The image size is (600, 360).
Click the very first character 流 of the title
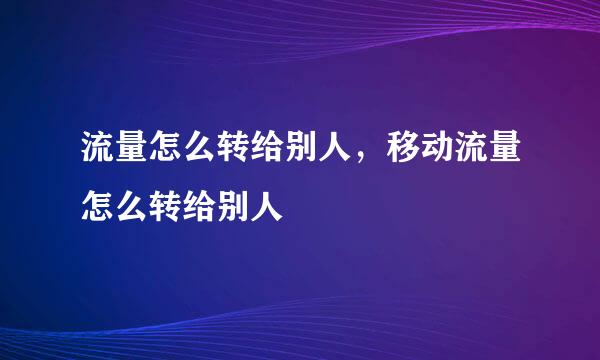pyautogui.click(x=98, y=151)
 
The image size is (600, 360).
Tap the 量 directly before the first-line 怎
pyautogui.click(x=132, y=151)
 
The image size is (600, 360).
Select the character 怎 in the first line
pyautogui.click(x=166, y=151)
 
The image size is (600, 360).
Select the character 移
pyautogui.click(x=401, y=151)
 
